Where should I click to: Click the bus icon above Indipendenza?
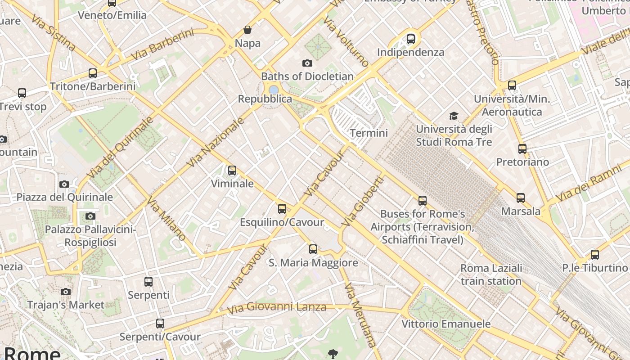pyautogui.click(x=410, y=39)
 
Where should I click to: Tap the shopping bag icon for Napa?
pyautogui.click(x=247, y=30)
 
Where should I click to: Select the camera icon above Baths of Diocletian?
pyautogui.click(x=307, y=63)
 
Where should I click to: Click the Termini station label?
pyautogui.click(x=369, y=133)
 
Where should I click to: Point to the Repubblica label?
pyautogui.click(x=265, y=99)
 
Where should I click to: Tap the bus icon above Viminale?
pyautogui.click(x=232, y=171)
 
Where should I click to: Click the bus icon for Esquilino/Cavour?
pyautogui.click(x=282, y=209)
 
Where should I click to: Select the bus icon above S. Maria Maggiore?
pyautogui.click(x=313, y=249)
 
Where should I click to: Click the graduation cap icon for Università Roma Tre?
pyautogui.click(x=454, y=116)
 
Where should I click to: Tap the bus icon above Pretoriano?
pyautogui.click(x=522, y=149)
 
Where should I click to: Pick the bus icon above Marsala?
pyautogui.click(x=521, y=198)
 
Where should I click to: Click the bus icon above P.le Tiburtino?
pyautogui.click(x=595, y=255)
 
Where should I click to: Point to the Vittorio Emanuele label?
pyautogui.click(x=446, y=324)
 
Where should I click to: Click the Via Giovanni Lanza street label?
pyautogui.click(x=276, y=308)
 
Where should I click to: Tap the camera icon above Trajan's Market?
pyautogui.click(x=66, y=292)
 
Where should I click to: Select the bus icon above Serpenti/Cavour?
pyautogui.click(x=160, y=324)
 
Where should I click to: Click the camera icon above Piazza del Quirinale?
pyautogui.click(x=64, y=184)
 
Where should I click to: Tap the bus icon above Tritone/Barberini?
pyautogui.click(x=93, y=73)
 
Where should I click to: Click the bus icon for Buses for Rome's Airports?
pyautogui.click(x=422, y=201)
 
